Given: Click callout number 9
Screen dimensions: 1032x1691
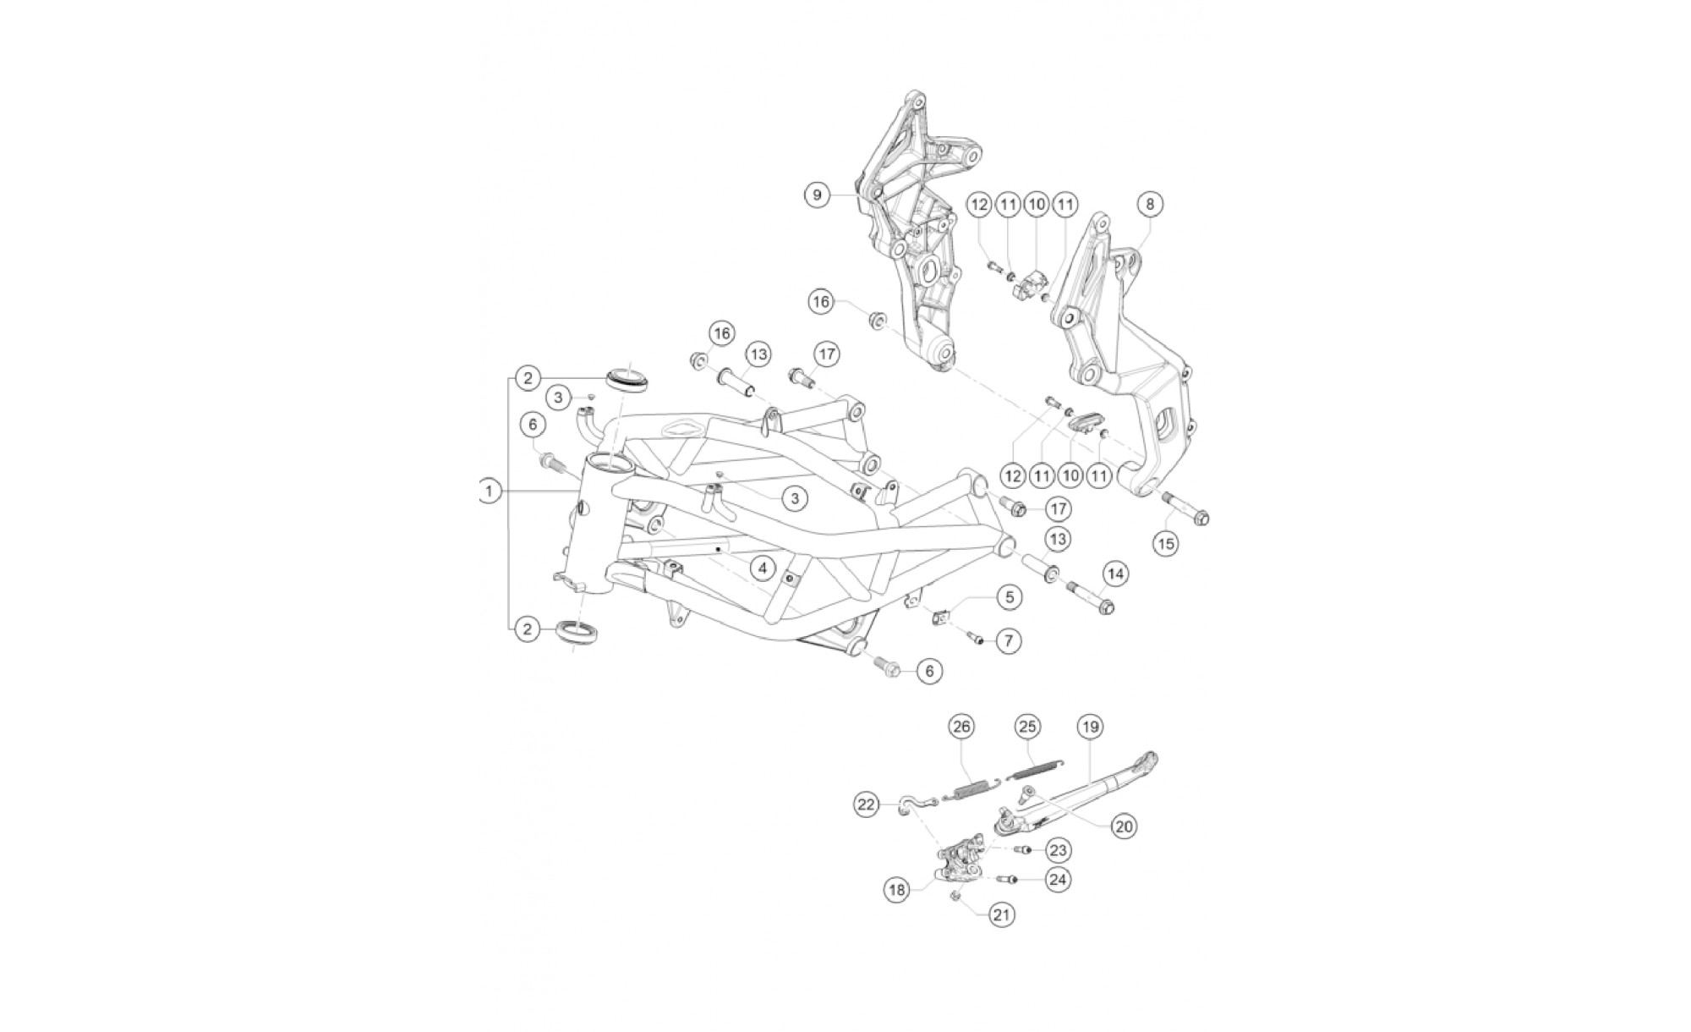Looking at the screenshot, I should pos(817,195).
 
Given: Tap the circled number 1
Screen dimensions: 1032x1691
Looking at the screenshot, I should pos(488,491).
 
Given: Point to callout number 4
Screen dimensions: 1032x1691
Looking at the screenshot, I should pos(763,568).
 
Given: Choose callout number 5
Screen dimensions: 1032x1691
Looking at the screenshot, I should pos(1009,597).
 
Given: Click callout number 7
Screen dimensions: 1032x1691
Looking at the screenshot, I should pos(1009,641).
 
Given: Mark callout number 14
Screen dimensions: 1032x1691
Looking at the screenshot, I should pos(1115,575).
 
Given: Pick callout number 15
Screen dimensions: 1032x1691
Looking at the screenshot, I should pos(1166,543).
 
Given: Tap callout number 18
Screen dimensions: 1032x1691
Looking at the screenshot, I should pos(897,889).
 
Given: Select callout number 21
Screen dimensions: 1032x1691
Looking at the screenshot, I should pos(1002,914).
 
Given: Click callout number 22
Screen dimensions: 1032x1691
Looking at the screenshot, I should pos(866,805).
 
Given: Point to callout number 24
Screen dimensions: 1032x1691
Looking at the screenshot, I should pos(1058,880).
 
